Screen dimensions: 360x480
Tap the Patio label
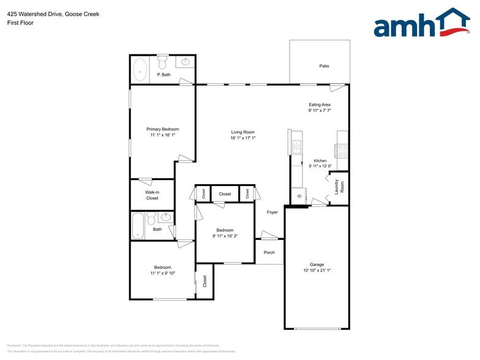pyautogui.click(x=324, y=66)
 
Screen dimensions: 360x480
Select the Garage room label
pyautogui.click(x=317, y=264)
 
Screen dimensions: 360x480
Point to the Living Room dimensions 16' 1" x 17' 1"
pyautogui.click(x=242, y=138)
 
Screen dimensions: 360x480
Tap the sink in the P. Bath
pyautogui.click(x=185, y=62)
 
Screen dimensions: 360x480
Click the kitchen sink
pyautogui.click(x=297, y=146)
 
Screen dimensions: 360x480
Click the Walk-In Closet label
pyautogui.click(x=152, y=195)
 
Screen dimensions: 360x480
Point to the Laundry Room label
pyautogui.click(x=339, y=187)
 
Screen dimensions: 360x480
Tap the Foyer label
pyautogui.click(x=272, y=212)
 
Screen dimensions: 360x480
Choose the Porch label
pyautogui.click(x=269, y=252)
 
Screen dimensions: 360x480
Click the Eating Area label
pyautogui.click(x=320, y=105)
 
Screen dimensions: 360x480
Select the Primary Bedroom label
pyautogui.click(x=162, y=129)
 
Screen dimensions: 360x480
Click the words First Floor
pyautogui.click(x=21, y=23)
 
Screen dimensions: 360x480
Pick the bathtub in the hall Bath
pyautogui.click(x=138, y=225)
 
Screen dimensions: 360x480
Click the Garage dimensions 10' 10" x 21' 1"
pyautogui.click(x=317, y=271)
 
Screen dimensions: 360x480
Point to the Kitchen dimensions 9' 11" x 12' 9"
pyautogui.click(x=320, y=167)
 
